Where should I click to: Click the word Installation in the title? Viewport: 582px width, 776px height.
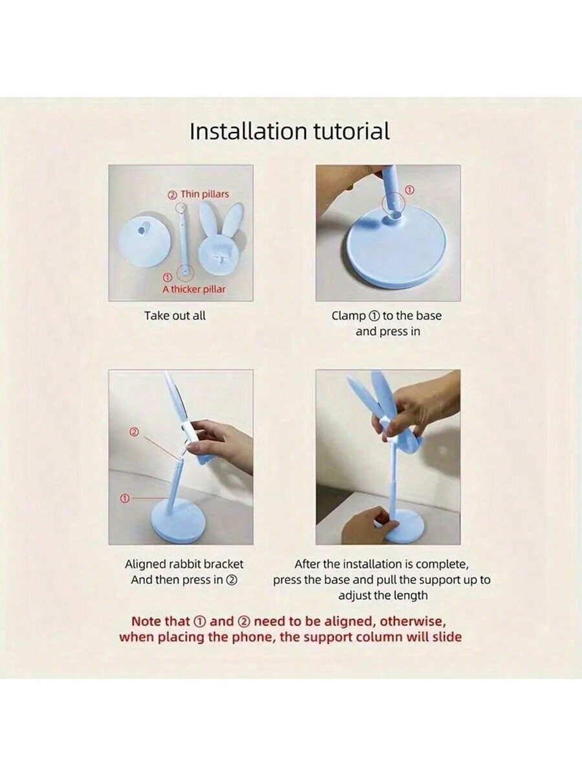click(248, 131)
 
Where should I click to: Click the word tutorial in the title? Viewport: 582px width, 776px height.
click(352, 131)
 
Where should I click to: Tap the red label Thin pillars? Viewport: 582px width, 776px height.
click(204, 194)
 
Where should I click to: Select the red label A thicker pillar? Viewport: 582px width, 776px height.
click(193, 289)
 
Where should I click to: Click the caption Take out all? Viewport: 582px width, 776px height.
click(175, 316)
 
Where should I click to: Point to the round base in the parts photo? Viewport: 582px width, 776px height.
click(145, 244)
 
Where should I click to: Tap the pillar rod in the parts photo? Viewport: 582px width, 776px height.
click(184, 241)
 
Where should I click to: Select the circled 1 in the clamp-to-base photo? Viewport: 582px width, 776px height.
click(409, 190)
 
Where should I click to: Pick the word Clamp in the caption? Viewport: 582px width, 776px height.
click(349, 316)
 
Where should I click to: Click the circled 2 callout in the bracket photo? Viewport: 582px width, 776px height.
click(135, 432)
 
